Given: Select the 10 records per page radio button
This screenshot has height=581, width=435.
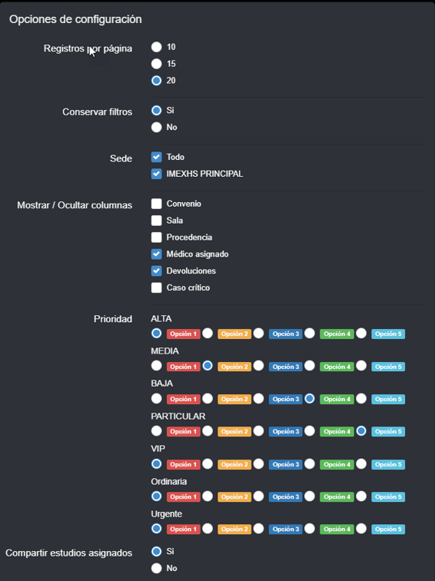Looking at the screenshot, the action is coord(156,47).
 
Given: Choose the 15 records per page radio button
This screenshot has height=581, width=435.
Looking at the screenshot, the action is coord(156,64).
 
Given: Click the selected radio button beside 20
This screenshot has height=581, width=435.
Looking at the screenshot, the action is coord(156,81).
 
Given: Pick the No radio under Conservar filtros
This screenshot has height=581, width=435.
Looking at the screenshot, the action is coord(156,127).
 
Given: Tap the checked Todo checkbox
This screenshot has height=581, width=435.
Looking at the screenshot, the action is coord(156,157).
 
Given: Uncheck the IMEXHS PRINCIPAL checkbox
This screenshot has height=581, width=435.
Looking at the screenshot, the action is coord(156,174).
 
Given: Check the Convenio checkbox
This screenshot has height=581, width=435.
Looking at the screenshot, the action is coord(156,204).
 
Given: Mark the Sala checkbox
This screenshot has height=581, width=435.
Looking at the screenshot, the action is coord(156,221).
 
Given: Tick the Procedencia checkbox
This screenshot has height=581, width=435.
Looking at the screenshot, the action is coord(156,237).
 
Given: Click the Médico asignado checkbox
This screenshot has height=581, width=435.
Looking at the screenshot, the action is coord(156,254).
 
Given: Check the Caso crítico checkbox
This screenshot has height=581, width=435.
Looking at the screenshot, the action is coord(156,287).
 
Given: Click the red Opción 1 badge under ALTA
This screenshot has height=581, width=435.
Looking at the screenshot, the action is coord(184,334).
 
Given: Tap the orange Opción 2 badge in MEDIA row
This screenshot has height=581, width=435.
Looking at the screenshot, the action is coord(234,367).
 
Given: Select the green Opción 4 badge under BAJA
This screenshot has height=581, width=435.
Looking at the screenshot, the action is coord(337,399).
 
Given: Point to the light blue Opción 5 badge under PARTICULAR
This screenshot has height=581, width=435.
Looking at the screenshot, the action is coord(388,431).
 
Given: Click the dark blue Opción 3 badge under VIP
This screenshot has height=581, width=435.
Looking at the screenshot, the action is coord(286,464).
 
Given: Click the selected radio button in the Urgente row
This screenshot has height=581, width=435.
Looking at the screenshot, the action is coord(156,529).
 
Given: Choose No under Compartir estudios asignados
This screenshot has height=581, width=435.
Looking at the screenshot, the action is coord(156,568).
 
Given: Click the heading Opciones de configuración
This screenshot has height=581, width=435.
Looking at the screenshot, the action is coord(75,19).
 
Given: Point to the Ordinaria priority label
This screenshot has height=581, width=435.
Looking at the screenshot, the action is coord(168,482).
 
